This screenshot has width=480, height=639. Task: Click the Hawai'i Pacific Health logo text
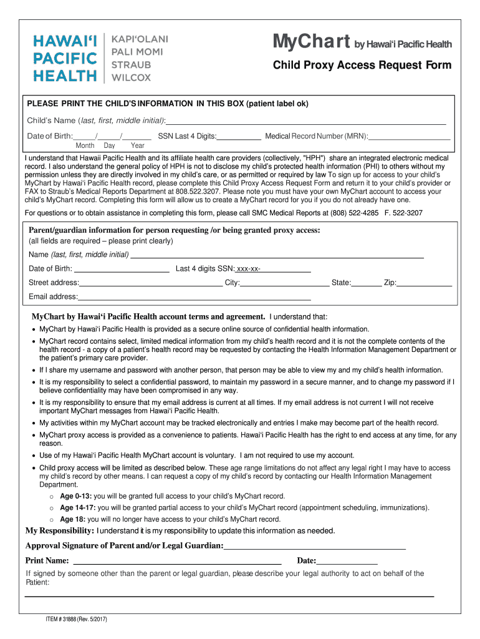click(65, 58)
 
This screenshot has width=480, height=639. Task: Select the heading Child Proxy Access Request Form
click(362, 66)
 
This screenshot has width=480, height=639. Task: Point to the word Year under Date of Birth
click(138, 145)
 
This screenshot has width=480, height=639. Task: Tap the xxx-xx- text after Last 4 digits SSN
click(248, 269)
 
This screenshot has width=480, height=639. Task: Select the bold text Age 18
click(72, 519)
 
